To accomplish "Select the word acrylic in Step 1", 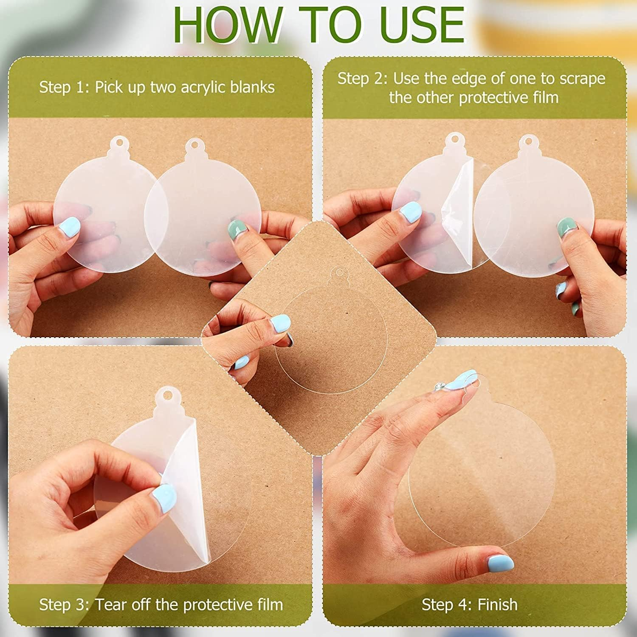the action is [203, 87].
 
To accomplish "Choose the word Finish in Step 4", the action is [497, 604].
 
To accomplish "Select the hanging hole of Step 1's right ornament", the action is [194, 144].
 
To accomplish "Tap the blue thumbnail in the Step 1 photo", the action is [69, 227].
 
